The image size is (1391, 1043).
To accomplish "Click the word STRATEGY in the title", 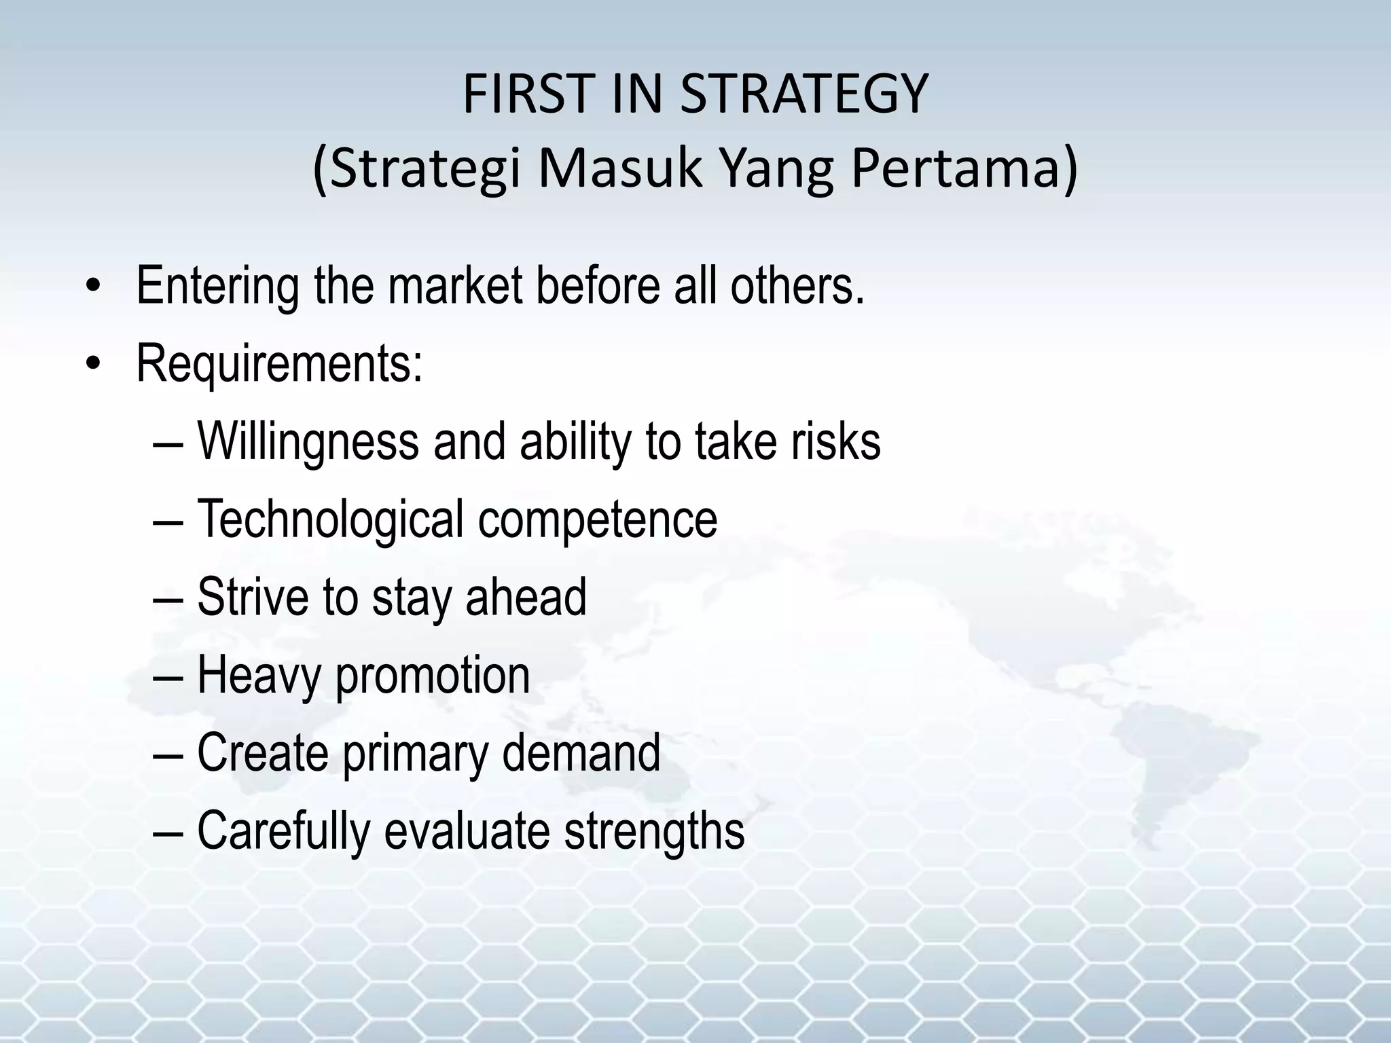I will (x=803, y=94).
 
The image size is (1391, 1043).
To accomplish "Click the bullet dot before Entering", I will (x=94, y=287).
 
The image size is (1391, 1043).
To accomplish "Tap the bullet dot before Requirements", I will (x=94, y=365).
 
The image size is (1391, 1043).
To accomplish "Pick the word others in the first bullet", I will (x=797, y=285).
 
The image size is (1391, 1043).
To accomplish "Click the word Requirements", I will (x=279, y=364).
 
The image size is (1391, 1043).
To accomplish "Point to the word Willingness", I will (x=308, y=442).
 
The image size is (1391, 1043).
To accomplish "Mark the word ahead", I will (x=526, y=597).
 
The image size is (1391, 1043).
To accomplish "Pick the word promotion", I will (x=433, y=676).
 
